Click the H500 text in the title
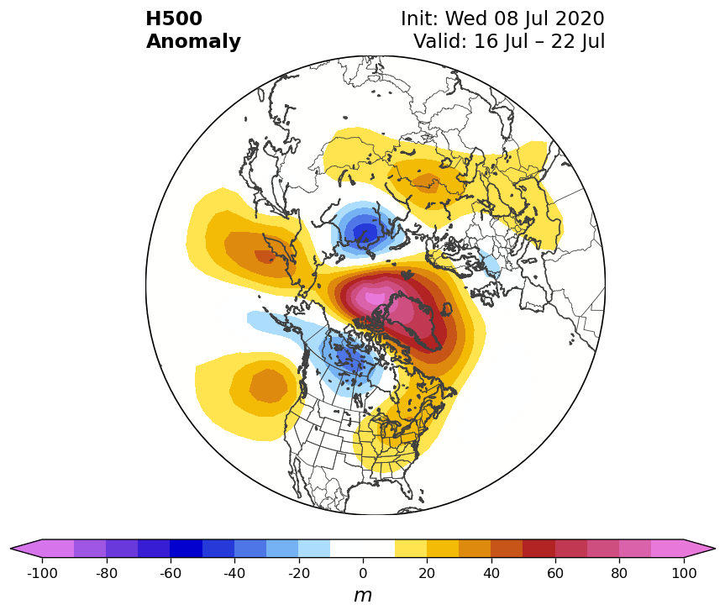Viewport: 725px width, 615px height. (x=174, y=18)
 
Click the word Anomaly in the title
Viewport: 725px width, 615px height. (x=193, y=42)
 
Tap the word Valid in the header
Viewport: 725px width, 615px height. (x=439, y=41)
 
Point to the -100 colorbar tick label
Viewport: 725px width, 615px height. (x=42, y=573)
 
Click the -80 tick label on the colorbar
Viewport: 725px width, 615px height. (x=107, y=573)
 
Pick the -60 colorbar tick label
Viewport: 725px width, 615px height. (x=171, y=573)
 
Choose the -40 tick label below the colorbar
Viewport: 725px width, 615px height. (x=234, y=573)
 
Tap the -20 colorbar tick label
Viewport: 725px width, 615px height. (x=299, y=573)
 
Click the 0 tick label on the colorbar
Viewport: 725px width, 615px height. (x=363, y=573)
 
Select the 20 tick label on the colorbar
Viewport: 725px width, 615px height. (x=427, y=573)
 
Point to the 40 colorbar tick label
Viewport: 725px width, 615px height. (x=491, y=573)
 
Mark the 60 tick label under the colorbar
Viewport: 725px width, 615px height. (x=555, y=573)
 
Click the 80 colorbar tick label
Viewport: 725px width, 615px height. (x=619, y=573)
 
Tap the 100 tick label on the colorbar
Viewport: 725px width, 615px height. (x=683, y=573)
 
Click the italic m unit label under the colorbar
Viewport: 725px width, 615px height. (x=363, y=596)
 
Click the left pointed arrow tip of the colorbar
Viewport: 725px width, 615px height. (x=11, y=549)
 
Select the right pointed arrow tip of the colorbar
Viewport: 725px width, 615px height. (x=715, y=549)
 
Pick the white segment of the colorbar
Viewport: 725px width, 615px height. (x=363, y=549)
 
